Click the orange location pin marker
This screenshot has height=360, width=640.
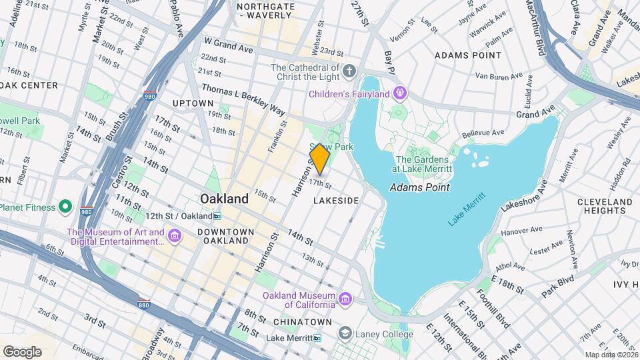pyautogui.click(x=320, y=159)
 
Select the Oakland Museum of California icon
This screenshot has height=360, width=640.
pyautogui.click(x=345, y=297)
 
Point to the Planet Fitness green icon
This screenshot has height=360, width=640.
pyautogui.click(x=65, y=207)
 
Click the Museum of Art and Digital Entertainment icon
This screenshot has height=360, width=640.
pyautogui.click(x=175, y=235)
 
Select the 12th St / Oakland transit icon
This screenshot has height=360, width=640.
pyautogui.click(x=217, y=216)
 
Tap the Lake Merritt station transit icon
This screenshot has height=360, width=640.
pyautogui.click(x=317, y=338)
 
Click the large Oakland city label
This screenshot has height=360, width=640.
pyautogui.click(x=225, y=199)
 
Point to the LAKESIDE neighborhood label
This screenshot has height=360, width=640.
pyautogui.click(x=336, y=201)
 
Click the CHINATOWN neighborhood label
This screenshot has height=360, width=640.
pyautogui.click(x=299, y=322)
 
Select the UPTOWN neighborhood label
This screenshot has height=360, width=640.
pyautogui.click(x=193, y=103)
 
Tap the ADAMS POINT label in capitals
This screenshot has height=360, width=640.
pyautogui.click(x=467, y=55)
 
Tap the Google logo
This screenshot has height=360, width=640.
pyautogui.click(x=22, y=351)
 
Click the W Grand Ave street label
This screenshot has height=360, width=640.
pyautogui.click(x=228, y=44)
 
